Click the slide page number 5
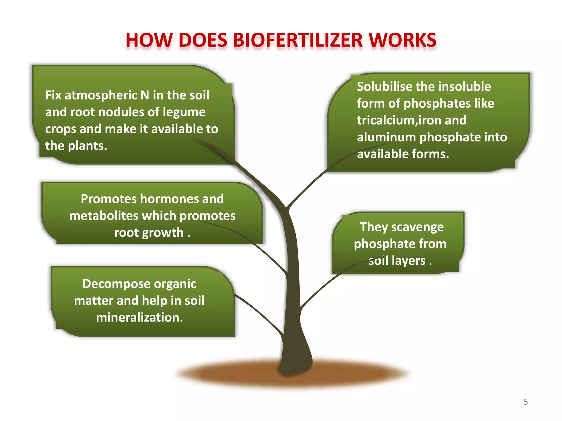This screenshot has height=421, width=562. click(x=526, y=402)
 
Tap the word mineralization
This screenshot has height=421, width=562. click(x=139, y=317)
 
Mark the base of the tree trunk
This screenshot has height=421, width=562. click(x=295, y=366)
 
